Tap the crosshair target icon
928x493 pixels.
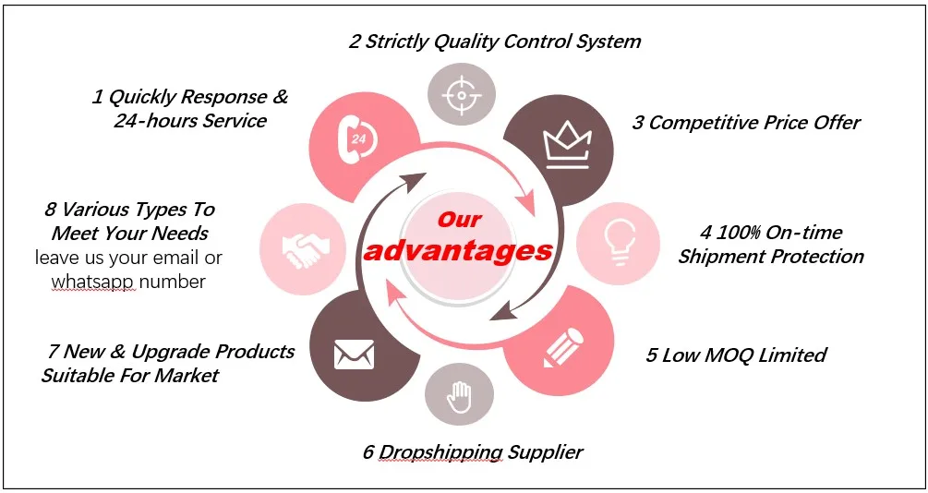461,96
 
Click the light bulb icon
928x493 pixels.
617,243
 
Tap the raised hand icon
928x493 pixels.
459,398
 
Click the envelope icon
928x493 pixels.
354,352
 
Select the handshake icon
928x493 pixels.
303,246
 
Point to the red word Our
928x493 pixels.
459,220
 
